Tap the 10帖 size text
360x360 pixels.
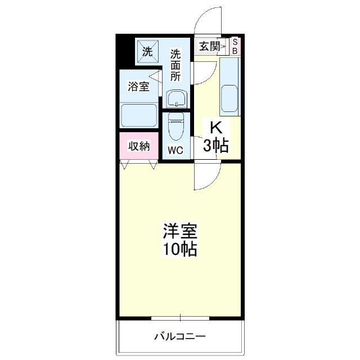[x=180, y=249]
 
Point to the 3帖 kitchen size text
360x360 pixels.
[x=215, y=146]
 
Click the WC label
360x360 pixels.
[x=175, y=151]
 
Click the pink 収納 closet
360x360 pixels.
[x=139, y=146]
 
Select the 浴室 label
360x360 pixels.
[x=138, y=87]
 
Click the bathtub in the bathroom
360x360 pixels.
[x=138, y=115]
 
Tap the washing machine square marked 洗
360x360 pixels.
[x=147, y=52]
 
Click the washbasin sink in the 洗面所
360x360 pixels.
[x=177, y=99]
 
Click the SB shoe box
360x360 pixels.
[x=236, y=47]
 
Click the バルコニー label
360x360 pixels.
[x=180, y=337]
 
